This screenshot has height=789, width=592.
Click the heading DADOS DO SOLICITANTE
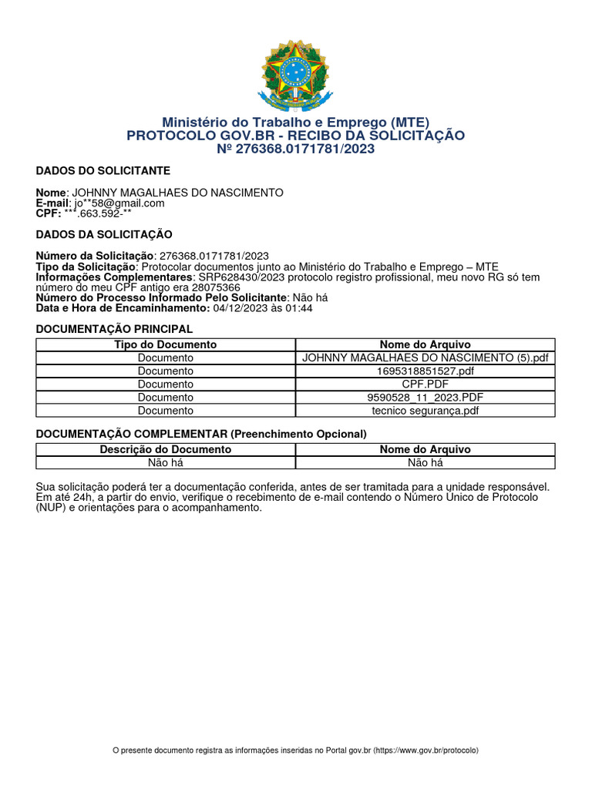tap(103, 170)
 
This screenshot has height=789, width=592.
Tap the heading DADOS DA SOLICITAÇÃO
tap(104, 234)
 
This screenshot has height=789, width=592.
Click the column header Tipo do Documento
tap(165, 344)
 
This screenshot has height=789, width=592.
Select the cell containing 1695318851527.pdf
tap(425, 371)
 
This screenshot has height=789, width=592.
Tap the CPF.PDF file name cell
tap(425, 384)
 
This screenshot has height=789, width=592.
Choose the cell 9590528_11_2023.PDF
tap(425, 397)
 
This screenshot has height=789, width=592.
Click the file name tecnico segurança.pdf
tap(425, 410)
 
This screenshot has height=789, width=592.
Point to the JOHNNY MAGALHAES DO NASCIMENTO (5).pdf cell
tap(425, 358)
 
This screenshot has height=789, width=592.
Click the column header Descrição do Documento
tap(165, 449)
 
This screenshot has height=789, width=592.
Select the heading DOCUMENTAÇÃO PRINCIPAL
tap(114, 329)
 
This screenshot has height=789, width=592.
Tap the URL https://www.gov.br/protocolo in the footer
tap(425, 750)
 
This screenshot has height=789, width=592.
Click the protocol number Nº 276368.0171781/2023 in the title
tap(296, 149)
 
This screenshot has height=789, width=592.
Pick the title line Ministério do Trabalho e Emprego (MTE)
tap(296, 123)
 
